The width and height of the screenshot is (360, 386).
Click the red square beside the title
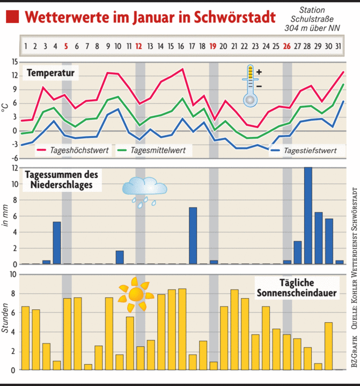[12, 17]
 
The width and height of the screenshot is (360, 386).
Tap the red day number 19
[213, 46]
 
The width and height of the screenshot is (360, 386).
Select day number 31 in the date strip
[339, 46]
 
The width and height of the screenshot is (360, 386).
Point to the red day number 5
[66, 46]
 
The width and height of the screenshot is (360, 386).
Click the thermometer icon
[250, 84]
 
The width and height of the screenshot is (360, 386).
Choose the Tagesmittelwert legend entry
[153, 151]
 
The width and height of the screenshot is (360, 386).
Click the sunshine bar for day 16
[182, 329]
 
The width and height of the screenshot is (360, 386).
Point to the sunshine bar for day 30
[329, 346]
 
